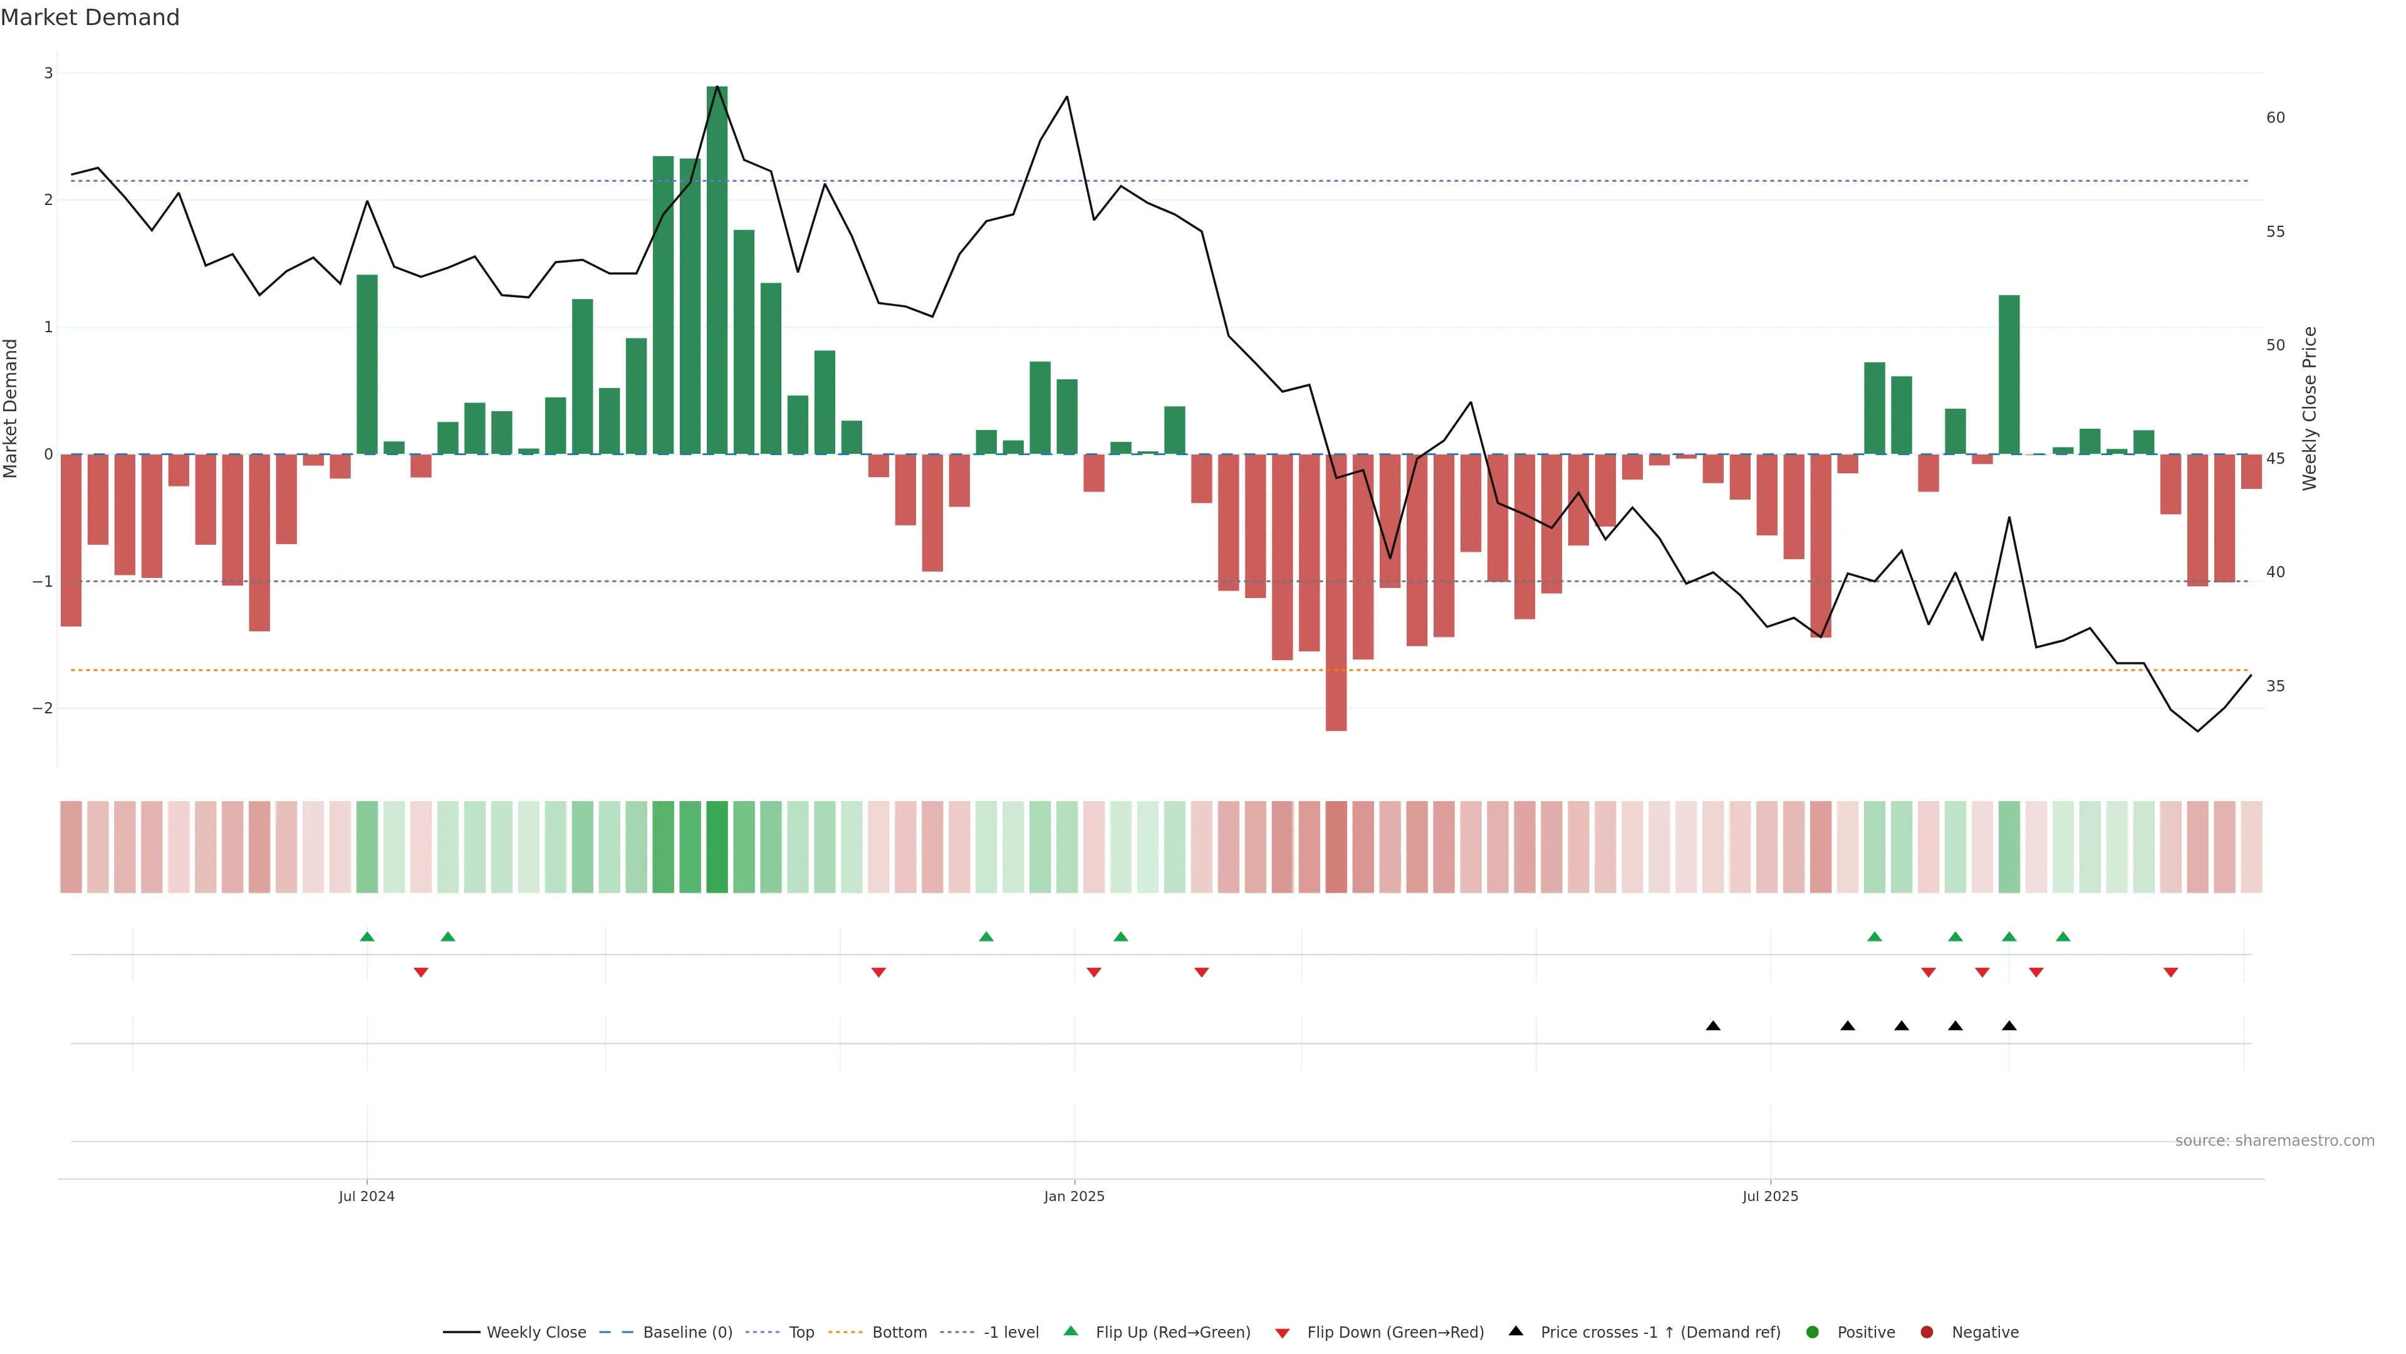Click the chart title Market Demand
[90, 18]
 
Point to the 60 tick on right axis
[2275, 118]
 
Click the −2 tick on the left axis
[43, 708]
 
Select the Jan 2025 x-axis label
[1074, 1196]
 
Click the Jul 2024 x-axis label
[366, 1196]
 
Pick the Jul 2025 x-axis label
[1770, 1196]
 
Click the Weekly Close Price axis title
[2310, 408]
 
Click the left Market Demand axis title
[11, 408]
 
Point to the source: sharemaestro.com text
[2274, 1141]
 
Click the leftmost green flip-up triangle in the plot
[367, 937]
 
